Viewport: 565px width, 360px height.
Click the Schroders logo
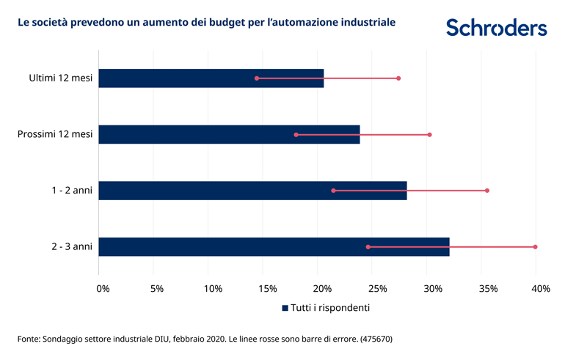click(496, 28)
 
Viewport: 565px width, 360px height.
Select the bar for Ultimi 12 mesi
click(211, 78)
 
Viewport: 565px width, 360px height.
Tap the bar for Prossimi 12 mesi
click(229, 134)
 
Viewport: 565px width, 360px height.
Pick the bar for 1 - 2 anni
click(252, 191)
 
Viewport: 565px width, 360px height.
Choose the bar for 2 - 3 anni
click(274, 247)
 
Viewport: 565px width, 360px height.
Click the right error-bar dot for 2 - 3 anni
click(536, 247)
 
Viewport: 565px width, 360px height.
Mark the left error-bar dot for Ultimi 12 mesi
click(257, 78)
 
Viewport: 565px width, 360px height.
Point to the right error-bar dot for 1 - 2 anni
click(486, 191)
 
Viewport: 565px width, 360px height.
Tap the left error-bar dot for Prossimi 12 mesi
click(296, 135)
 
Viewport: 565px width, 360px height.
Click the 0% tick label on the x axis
click(103, 289)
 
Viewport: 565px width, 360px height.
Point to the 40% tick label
click(540, 289)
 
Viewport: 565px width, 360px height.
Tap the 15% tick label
click(267, 289)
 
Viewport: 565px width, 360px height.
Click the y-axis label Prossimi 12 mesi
click(55, 134)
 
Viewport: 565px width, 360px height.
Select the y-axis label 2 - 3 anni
click(72, 247)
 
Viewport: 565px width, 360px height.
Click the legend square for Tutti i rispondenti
click(285, 309)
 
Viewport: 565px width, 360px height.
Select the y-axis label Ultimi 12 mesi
click(61, 78)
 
